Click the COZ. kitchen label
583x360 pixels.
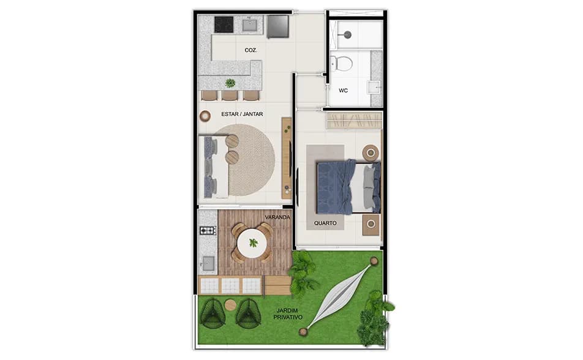[250, 50]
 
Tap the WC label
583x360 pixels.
[344, 91]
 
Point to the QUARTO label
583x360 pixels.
[325, 223]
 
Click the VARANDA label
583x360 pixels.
[277, 217]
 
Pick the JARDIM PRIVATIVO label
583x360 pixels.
[287, 315]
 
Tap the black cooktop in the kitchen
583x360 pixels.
[224, 24]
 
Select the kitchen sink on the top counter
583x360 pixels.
[250, 24]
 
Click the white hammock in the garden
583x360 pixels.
[340, 297]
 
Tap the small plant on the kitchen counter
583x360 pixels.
[230, 83]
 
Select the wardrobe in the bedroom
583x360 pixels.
[355, 121]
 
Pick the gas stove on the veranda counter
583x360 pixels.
[208, 231]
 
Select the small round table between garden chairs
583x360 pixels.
[231, 304]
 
